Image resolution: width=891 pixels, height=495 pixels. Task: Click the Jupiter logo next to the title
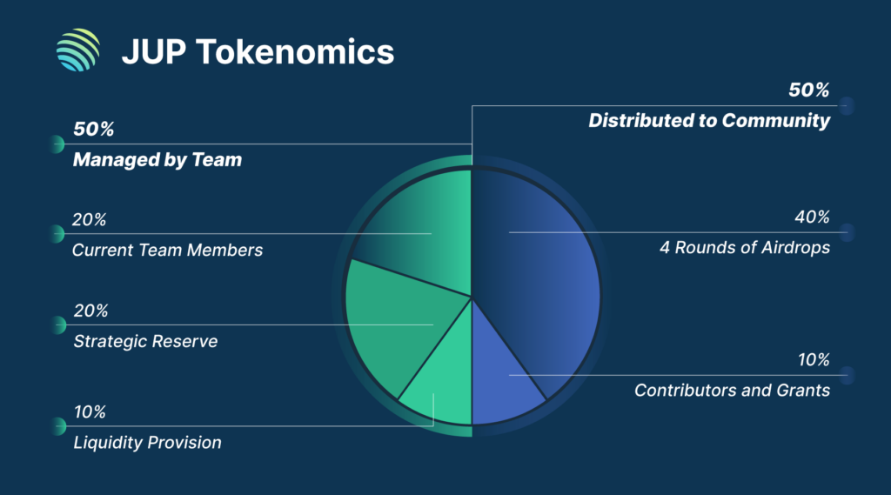pos(77,50)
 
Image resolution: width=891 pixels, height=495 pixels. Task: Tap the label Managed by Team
pos(157,160)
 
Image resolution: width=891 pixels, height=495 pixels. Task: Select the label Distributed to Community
pos(709,121)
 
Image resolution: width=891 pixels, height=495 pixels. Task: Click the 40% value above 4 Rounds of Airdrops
pos(813,217)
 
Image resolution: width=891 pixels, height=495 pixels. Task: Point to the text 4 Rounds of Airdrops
pos(746,247)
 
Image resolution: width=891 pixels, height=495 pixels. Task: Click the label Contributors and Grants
pos(732,390)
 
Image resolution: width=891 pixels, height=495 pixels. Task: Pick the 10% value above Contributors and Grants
pos(814,359)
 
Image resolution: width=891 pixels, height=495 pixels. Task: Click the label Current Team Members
pos(167,250)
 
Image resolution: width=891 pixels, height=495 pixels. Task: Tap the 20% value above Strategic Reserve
pos(90,311)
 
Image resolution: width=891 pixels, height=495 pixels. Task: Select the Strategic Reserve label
pos(144,341)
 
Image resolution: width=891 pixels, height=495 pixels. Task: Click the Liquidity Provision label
pos(146,443)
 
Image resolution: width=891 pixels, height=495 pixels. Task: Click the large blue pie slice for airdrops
pos(539,261)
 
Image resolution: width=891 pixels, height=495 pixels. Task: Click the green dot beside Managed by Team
pos(57,144)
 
